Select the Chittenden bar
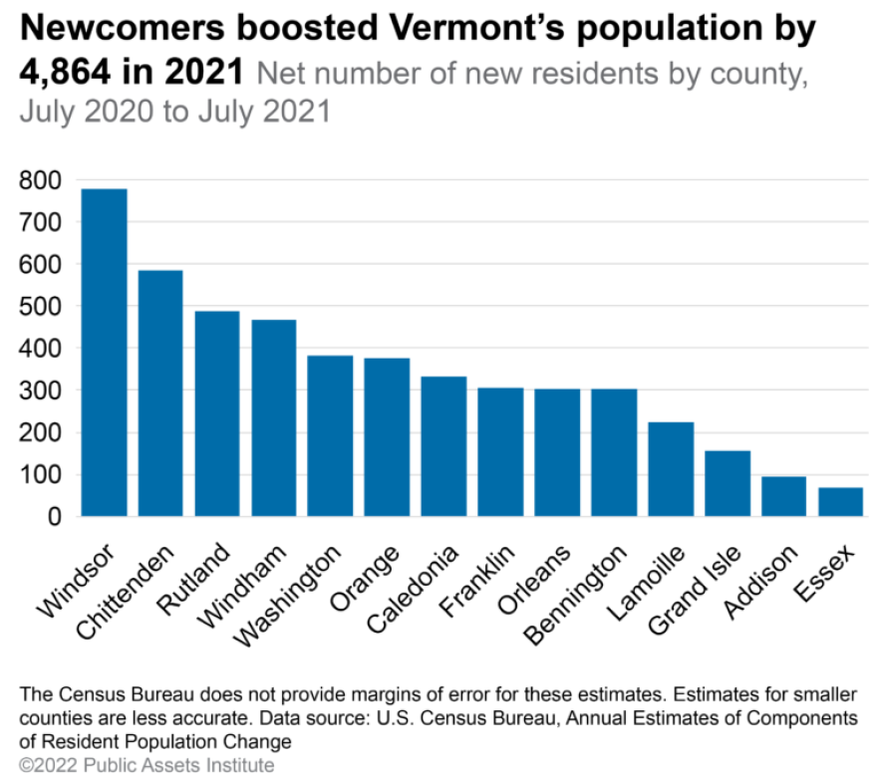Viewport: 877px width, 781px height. coord(160,392)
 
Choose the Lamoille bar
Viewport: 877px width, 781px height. coord(671,469)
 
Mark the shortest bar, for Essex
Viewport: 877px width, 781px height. coord(841,502)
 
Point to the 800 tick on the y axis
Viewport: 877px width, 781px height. coord(41,180)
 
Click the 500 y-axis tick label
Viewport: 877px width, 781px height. coord(41,307)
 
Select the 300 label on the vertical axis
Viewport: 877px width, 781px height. coord(41,390)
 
